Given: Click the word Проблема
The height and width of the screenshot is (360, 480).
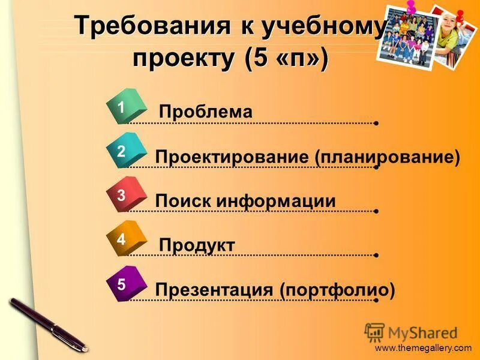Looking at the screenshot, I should (x=206, y=112).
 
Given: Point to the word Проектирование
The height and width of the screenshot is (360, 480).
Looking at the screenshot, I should (x=232, y=157).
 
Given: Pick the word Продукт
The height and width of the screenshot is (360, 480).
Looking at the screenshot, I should (x=197, y=245).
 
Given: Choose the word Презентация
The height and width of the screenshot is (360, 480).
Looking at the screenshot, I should (x=214, y=290).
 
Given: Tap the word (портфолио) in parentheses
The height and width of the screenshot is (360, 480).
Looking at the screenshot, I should (x=337, y=290).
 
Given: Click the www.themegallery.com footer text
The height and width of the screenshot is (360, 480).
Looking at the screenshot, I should (x=424, y=349).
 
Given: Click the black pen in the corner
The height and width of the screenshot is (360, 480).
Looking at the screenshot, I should (x=48, y=325).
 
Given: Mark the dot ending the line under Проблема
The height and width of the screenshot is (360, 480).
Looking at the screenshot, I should (x=376, y=123).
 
